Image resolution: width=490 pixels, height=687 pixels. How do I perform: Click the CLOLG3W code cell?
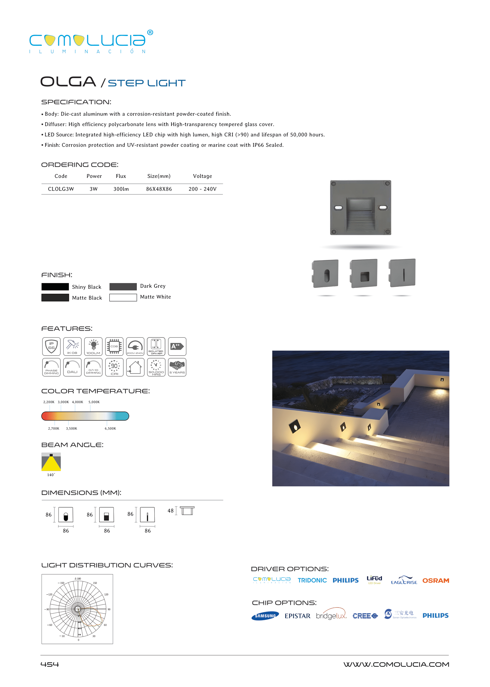pos(61,189)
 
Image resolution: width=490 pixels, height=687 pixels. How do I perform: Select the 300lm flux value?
pos(121,189)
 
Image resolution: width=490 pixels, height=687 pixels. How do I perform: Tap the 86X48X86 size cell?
pos(159,189)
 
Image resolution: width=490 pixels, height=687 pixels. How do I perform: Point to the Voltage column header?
pos(202,176)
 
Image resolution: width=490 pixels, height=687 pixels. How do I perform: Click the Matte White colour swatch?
pos(123,297)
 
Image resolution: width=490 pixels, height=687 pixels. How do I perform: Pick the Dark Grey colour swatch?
pos(123,286)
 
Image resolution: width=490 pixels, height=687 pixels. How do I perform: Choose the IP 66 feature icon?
pos(51,346)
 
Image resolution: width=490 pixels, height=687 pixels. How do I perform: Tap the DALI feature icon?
pos(72,367)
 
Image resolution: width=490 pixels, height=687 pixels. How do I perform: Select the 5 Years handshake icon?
pos(177,367)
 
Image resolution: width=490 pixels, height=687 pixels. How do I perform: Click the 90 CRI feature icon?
pos(114,367)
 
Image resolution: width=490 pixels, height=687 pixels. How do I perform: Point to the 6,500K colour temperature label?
pos(110,428)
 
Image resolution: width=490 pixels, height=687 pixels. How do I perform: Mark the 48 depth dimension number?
pos(171,510)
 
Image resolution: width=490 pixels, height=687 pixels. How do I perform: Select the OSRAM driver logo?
pos(435,580)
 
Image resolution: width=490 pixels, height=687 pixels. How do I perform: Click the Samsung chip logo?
pos(265,616)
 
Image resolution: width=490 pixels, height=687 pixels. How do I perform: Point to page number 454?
pos(50,664)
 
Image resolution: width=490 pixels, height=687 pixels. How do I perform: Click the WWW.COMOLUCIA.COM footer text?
pos(396,664)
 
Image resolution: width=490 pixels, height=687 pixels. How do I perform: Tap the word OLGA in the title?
pos(68,82)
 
